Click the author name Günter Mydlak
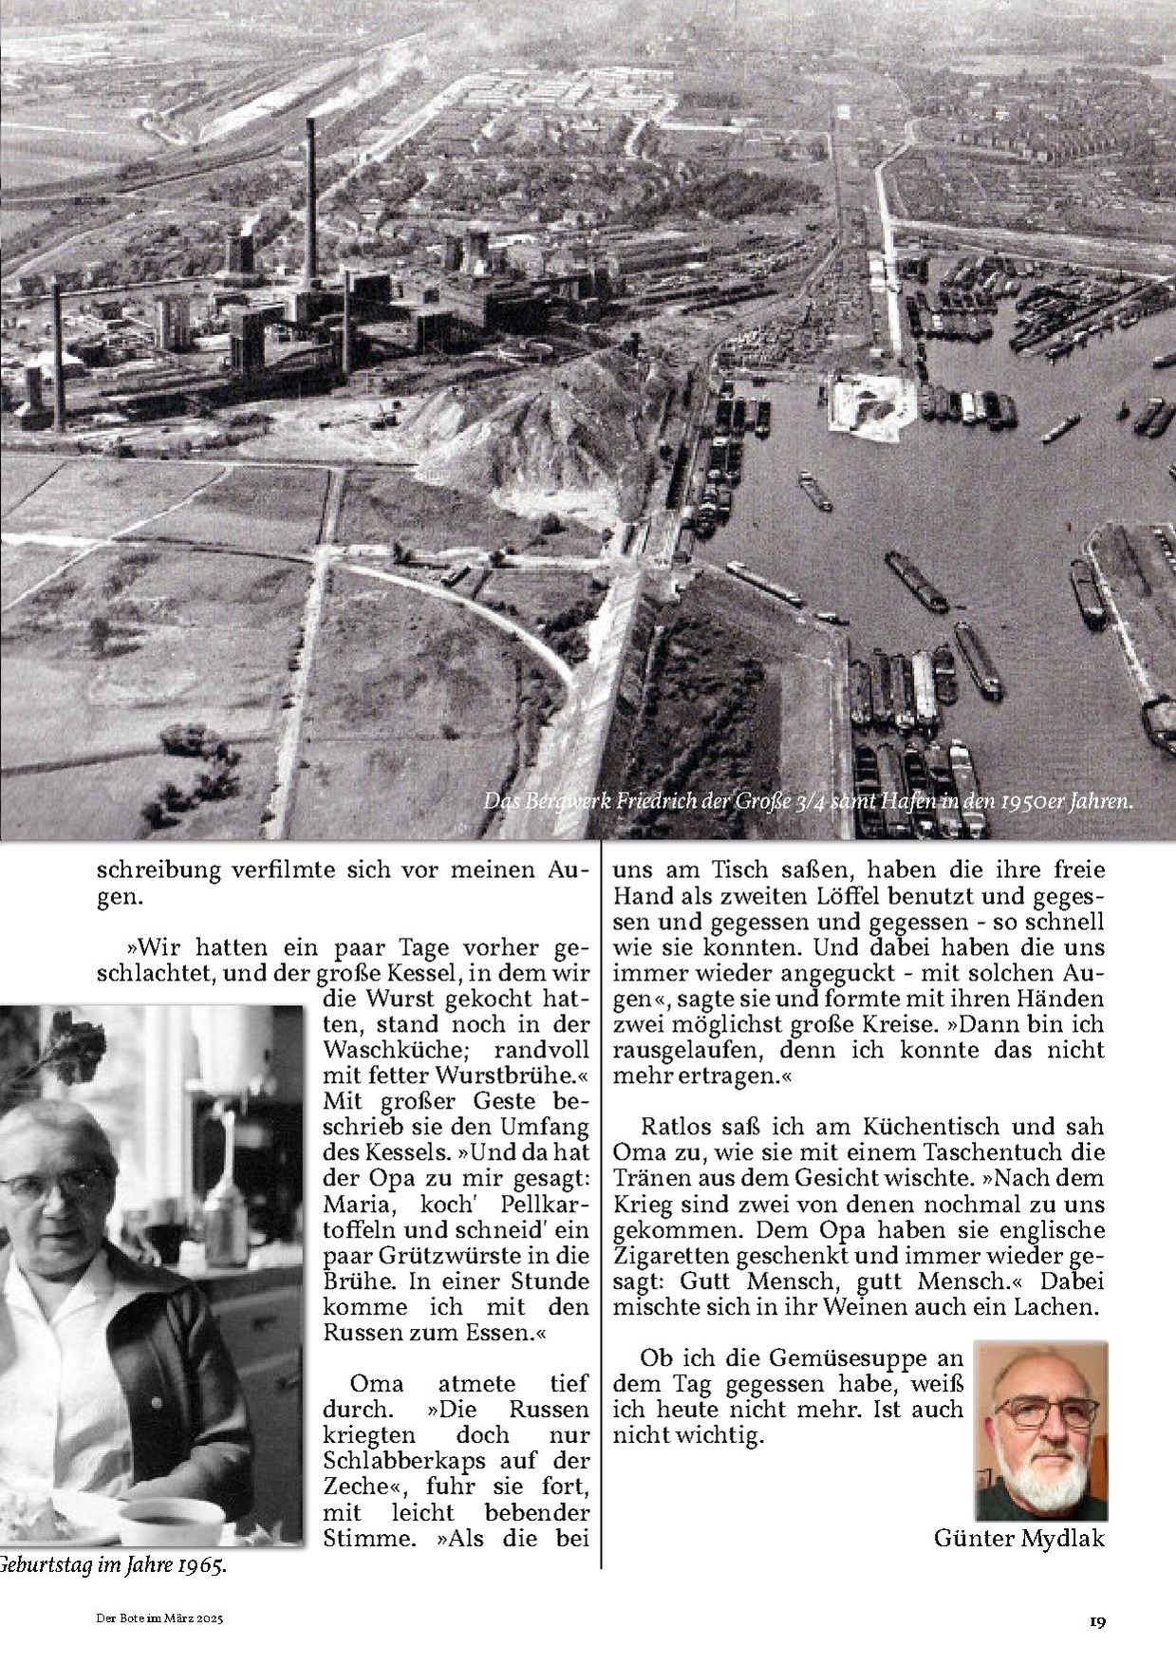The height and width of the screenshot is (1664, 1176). [x=1019, y=1538]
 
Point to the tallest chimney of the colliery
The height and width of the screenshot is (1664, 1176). [x=310, y=209]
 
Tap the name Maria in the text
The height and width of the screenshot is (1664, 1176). [x=352, y=1204]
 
